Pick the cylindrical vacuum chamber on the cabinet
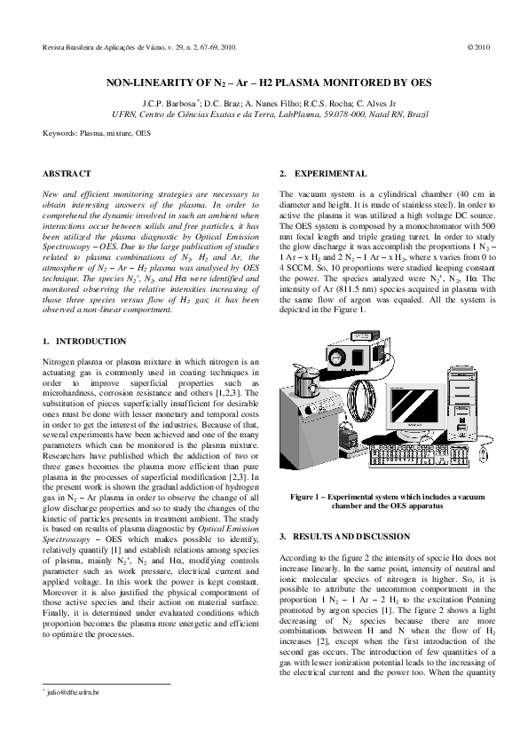[309, 381]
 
